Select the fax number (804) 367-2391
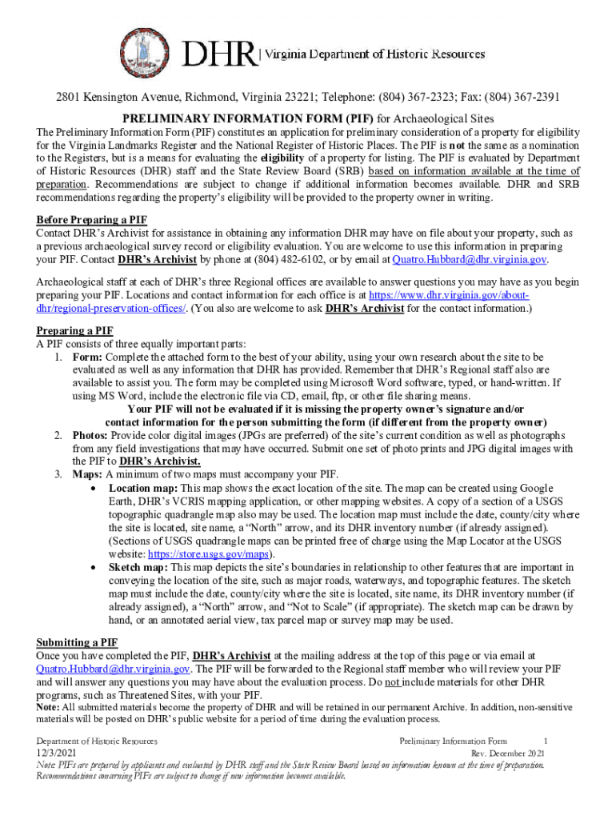(x=521, y=98)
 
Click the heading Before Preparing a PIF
(x=92, y=220)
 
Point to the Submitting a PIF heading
(x=78, y=642)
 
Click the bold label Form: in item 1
(x=86, y=356)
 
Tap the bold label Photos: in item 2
(x=90, y=434)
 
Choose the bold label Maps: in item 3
(x=87, y=473)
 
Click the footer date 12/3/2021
(x=57, y=753)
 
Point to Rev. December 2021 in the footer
(x=508, y=753)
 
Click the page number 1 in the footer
(x=545, y=741)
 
